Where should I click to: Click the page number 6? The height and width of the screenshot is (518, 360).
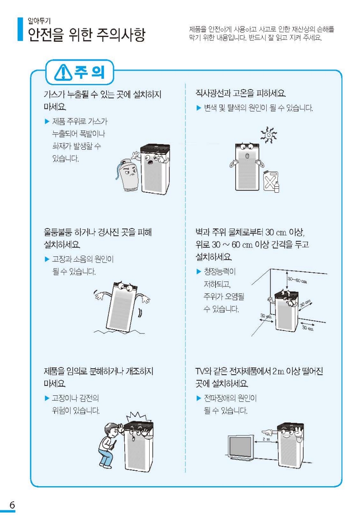(x=12, y=505)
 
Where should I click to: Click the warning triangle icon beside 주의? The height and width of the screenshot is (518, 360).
(x=63, y=72)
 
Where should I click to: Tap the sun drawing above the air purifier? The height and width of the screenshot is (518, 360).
(x=268, y=135)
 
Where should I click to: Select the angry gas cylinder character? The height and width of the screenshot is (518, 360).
(x=128, y=174)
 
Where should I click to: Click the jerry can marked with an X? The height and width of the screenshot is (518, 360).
(x=271, y=181)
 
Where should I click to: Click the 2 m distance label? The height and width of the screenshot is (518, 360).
(x=266, y=439)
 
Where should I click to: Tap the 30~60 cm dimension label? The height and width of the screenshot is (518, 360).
(x=297, y=281)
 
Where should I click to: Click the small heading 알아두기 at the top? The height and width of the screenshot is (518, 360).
(x=39, y=21)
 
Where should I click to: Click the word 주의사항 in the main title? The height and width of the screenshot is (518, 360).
(x=121, y=35)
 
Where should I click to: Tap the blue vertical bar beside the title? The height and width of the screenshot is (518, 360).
(x=20, y=29)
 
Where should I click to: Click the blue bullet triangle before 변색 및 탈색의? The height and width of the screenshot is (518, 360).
(x=199, y=108)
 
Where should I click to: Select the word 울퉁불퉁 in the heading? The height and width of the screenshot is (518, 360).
(x=58, y=232)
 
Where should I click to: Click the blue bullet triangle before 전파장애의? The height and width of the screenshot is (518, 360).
(x=199, y=398)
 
